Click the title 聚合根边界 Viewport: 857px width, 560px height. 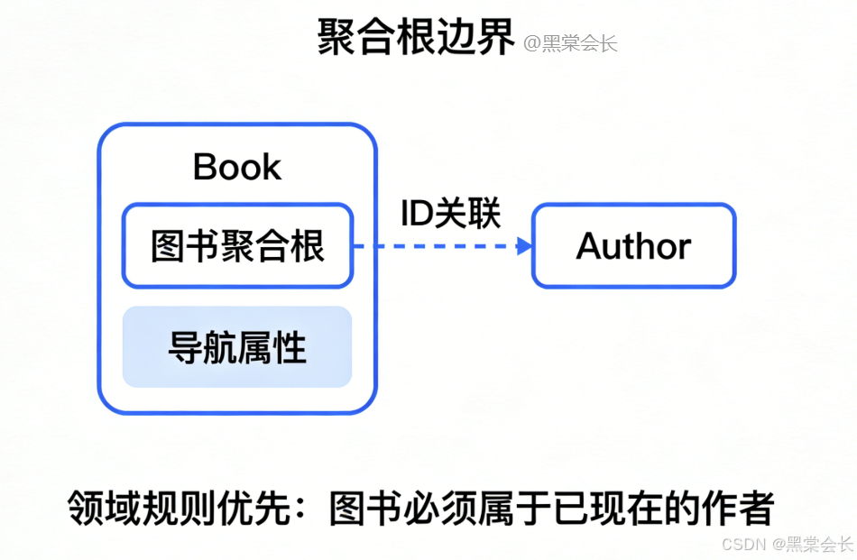pos(416,39)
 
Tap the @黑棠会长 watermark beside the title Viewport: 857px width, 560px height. pos(570,42)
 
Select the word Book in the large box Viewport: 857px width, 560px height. pos(237,167)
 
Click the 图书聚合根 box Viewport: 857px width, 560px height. pos(237,246)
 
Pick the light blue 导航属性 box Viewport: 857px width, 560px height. pos(237,347)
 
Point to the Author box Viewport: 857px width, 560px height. pos(633,246)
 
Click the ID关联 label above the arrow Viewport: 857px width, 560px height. pos(450,214)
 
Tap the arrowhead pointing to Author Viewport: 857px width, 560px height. pos(524,246)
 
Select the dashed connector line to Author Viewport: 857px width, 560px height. pos(433,246)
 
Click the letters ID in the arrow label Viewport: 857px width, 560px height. pos(416,214)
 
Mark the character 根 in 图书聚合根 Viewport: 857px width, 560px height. pos(308,246)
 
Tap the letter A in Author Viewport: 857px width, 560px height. pos(589,246)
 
